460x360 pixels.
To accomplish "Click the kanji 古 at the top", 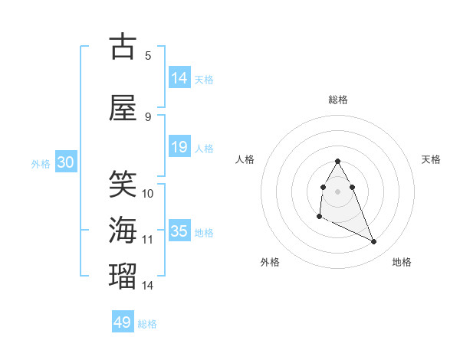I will [123, 47].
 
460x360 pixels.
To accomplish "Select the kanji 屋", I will [123, 108].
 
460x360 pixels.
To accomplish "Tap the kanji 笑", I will [123, 185].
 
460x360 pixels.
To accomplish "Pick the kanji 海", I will [123, 230].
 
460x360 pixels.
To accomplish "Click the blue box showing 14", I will [179, 78].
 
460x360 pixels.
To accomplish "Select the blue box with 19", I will [179, 147].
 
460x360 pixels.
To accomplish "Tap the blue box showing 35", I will [179, 231].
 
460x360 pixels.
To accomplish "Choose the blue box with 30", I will [65, 162].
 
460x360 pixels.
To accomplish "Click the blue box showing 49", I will [123, 322].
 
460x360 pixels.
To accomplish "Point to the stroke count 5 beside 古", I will [148, 55].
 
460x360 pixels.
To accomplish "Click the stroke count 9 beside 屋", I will [148, 116].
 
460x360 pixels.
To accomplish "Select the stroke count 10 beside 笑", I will [149, 193].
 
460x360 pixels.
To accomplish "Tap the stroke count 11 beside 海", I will [149, 240].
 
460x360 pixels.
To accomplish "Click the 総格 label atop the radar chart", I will [337, 100].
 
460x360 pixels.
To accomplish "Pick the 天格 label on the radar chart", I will [431, 159].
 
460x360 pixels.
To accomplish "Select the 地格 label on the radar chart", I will [402, 262].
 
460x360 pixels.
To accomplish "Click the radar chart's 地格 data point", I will [374, 242].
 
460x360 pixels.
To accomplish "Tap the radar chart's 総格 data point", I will [337, 161].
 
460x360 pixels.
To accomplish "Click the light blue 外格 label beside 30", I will [41, 163].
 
